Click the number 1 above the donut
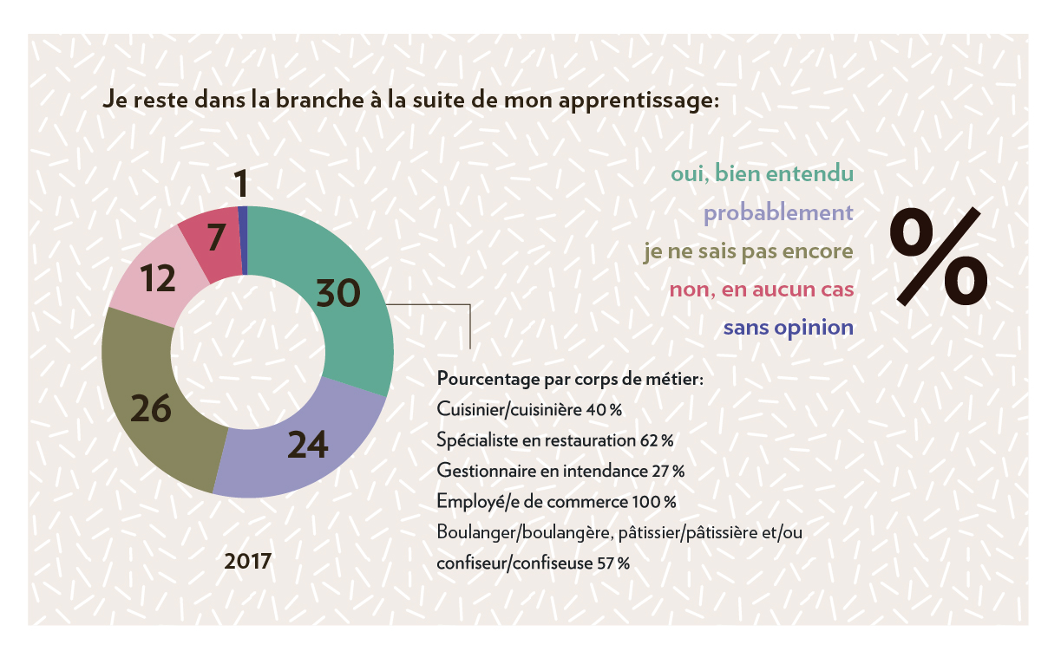tap(242, 184)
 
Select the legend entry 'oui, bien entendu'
tap(762, 173)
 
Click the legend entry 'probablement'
tap(778, 212)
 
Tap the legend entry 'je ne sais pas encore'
tap(748, 251)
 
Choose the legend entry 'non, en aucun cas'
tap(761, 290)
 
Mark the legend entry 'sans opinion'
tap(788, 329)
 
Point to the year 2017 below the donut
tap(248, 561)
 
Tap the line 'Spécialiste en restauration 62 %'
tap(555, 439)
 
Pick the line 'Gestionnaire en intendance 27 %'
tap(560, 471)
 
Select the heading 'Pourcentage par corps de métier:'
tap(570, 379)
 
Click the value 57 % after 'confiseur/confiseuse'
tap(612, 563)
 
